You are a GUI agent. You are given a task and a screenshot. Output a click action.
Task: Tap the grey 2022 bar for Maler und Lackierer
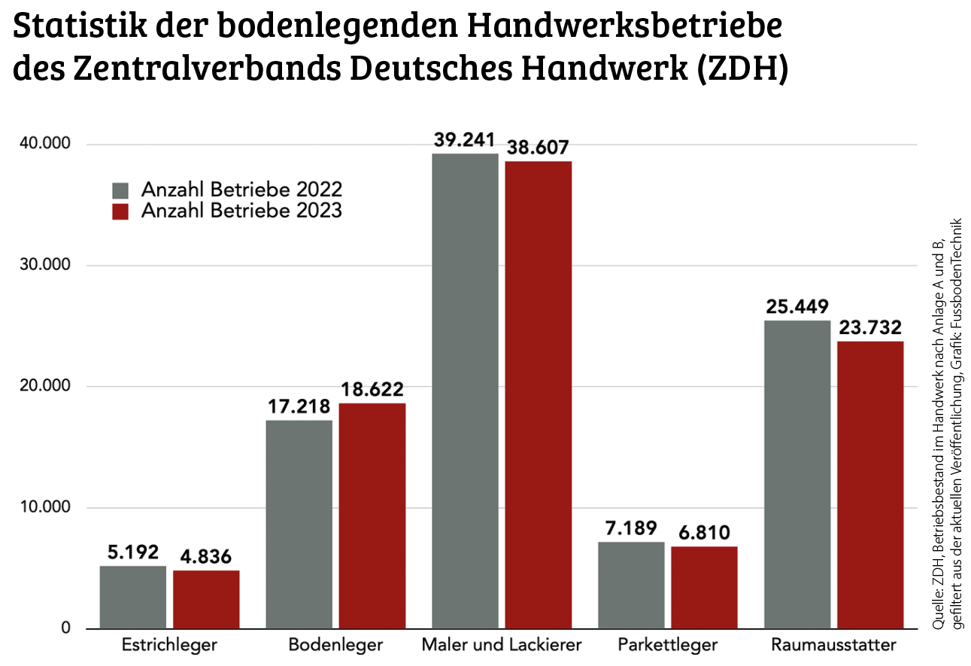point(465,391)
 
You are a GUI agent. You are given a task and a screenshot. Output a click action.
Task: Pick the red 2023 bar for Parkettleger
point(704,587)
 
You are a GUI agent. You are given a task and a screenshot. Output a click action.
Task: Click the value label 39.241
point(464,140)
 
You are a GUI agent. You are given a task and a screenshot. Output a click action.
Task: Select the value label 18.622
point(372,390)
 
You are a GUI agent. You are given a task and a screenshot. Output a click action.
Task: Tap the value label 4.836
point(205,558)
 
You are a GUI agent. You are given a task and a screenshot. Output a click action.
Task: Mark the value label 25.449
point(797,307)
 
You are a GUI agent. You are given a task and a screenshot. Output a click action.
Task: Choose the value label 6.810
point(704,534)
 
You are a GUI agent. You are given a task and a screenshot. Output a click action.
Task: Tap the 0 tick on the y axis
point(65,629)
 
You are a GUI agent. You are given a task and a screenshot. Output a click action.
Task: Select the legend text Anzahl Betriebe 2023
point(241,211)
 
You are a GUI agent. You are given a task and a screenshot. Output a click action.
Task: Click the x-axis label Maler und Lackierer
point(502,646)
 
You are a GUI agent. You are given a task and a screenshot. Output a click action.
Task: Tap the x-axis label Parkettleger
point(668,646)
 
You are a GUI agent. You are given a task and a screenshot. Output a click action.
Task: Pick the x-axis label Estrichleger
point(169,646)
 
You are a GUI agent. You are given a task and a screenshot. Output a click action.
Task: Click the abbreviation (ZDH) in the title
point(741,69)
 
